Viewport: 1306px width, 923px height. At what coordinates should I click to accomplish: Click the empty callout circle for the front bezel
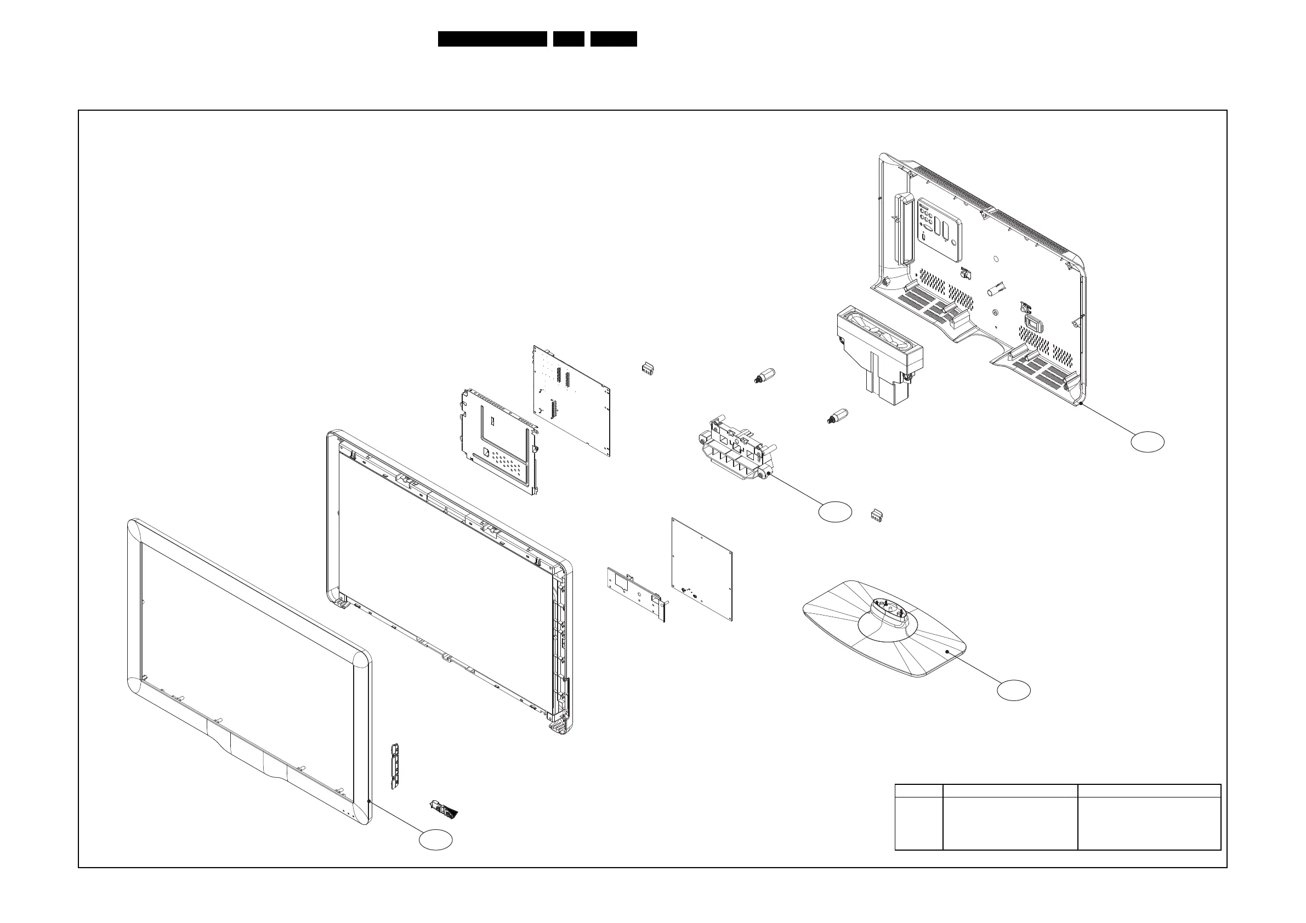point(436,839)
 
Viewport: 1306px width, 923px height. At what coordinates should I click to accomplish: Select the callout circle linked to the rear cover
point(1147,442)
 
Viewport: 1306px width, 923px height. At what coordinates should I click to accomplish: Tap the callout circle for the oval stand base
point(1014,690)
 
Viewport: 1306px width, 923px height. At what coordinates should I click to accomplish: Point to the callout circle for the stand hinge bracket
point(834,512)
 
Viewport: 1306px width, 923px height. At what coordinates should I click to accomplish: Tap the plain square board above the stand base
point(701,569)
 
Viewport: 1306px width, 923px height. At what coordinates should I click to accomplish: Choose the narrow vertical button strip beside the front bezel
point(393,765)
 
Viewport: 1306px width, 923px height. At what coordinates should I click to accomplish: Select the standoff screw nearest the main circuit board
point(763,376)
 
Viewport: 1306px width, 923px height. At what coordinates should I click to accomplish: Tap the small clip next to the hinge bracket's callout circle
point(877,515)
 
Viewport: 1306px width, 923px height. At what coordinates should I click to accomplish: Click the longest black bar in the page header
point(492,39)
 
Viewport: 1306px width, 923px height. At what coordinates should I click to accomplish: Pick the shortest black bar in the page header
point(568,39)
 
